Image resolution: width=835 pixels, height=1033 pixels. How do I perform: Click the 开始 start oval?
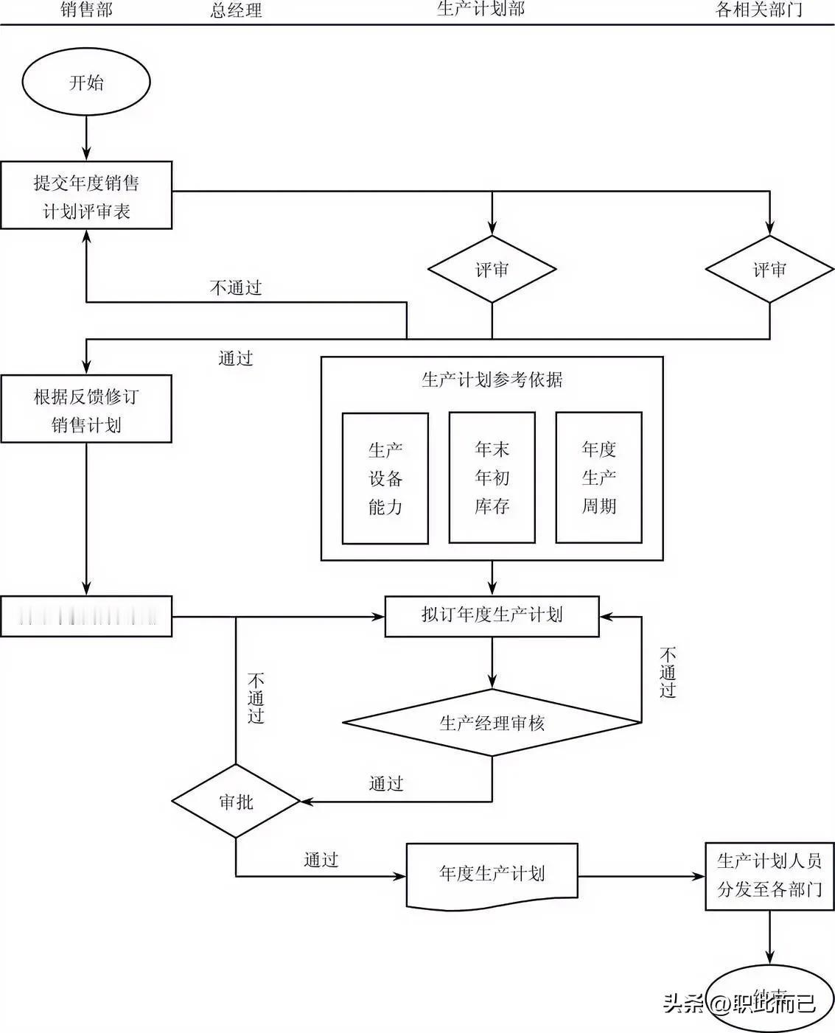pyautogui.click(x=86, y=82)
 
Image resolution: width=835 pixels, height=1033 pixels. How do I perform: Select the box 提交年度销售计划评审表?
pyautogui.click(x=86, y=196)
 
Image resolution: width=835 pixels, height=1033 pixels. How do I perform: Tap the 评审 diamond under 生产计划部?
pyautogui.click(x=492, y=270)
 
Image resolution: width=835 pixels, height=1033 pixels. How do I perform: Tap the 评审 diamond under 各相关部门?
pyautogui.click(x=769, y=270)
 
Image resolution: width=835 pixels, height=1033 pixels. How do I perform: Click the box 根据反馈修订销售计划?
pyautogui.click(x=86, y=410)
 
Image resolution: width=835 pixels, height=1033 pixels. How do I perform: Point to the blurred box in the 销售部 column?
pyautogui.click(x=86, y=616)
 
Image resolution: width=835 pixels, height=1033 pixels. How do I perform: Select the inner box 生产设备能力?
pyautogui.click(x=385, y=478)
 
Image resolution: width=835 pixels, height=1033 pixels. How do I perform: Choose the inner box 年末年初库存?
pyautogui.click(x=492, y=477)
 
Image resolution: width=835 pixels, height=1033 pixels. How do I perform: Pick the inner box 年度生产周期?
pyautogui.click(x=598, y=477)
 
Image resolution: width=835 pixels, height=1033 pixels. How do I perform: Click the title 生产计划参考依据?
pyautogui.click(x=492, y=379)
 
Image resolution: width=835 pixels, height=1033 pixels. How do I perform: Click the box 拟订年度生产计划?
pyautogui.click(x=492, y=615)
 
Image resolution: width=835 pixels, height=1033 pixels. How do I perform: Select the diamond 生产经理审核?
pyautogui.click(x=492, y=723)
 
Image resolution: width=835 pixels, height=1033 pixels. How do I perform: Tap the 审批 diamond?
pyautogui.click(x=236, y=802)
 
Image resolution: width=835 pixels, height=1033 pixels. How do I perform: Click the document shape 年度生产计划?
pyautogui.click(x=492, y=875)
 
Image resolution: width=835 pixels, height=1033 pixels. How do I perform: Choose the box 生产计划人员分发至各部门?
pyautogui.click(x=769, y=876)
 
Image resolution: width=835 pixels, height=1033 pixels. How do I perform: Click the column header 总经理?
pyautogui.click(x=236, y=10)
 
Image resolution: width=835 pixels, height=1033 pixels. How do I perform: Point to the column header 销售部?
pyautogui.click(x=86, y=10)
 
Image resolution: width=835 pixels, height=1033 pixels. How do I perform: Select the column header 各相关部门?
pyautogui.click(x=759, y=10)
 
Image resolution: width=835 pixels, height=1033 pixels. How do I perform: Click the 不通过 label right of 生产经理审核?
pyautogui.click(x=668, y=672)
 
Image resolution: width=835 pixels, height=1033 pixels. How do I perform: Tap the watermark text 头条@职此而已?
pyautogui.click(x=739, y=1003)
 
